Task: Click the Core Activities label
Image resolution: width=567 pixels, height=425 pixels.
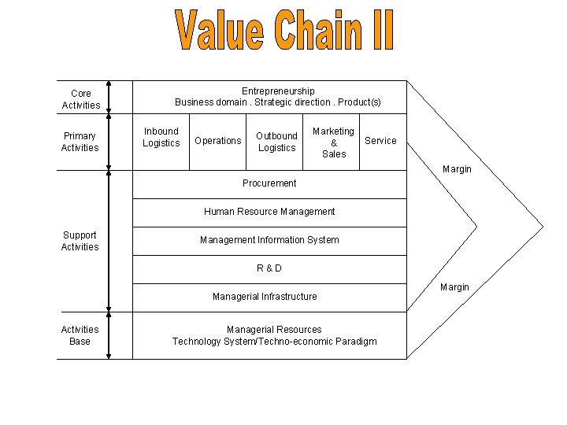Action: tap(80, 99)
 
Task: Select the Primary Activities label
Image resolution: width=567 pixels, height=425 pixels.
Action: tap(80, 142)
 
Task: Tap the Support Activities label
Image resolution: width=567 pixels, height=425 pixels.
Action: tap(80, 241)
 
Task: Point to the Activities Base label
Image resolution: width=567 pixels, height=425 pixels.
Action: tap(80, 335)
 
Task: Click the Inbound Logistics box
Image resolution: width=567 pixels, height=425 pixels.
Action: tap(161, 137)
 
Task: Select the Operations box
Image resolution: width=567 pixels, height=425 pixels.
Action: tap(218, 141)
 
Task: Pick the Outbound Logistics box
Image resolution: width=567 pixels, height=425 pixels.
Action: tap(276, 142)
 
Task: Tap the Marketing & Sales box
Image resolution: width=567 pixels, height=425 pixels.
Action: tap(334, 142)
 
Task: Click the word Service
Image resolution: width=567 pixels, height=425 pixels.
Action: tap(380, 141)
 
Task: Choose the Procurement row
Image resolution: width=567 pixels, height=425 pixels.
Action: tap(269, 183)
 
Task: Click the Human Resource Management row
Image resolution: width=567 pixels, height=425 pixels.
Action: tap(269, 212)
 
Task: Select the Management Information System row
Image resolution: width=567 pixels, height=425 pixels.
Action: tap(269, 240)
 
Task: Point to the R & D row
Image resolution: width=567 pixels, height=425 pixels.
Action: tap(269, 268)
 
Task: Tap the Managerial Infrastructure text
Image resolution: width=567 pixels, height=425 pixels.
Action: tap(265, 297)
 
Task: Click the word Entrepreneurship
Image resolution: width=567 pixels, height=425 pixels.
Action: tap(278, 91)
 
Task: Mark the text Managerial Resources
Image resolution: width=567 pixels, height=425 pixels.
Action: tap(274, 330)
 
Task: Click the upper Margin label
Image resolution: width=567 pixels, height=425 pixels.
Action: tap(457, 169)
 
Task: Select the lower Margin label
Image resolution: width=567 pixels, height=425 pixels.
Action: tap(454, 287)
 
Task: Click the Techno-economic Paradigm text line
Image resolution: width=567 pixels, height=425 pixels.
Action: tap(274, 342)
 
